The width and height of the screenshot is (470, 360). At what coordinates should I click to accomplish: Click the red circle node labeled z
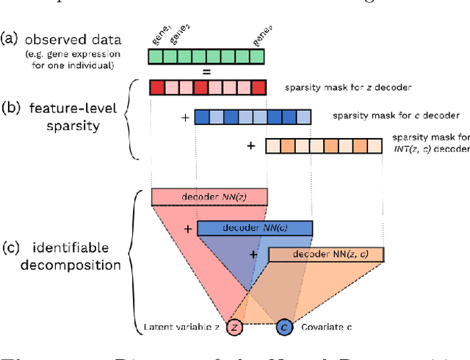(x=235, y=326)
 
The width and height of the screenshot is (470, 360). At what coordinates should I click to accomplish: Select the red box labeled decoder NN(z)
(x=209, y=196)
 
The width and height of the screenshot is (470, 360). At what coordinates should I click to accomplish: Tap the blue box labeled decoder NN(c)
(x=255, y=228)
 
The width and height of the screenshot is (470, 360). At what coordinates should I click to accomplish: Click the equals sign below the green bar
(x=207, y=72)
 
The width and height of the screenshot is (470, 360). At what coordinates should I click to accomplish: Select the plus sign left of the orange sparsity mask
(x=250, y=145)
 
